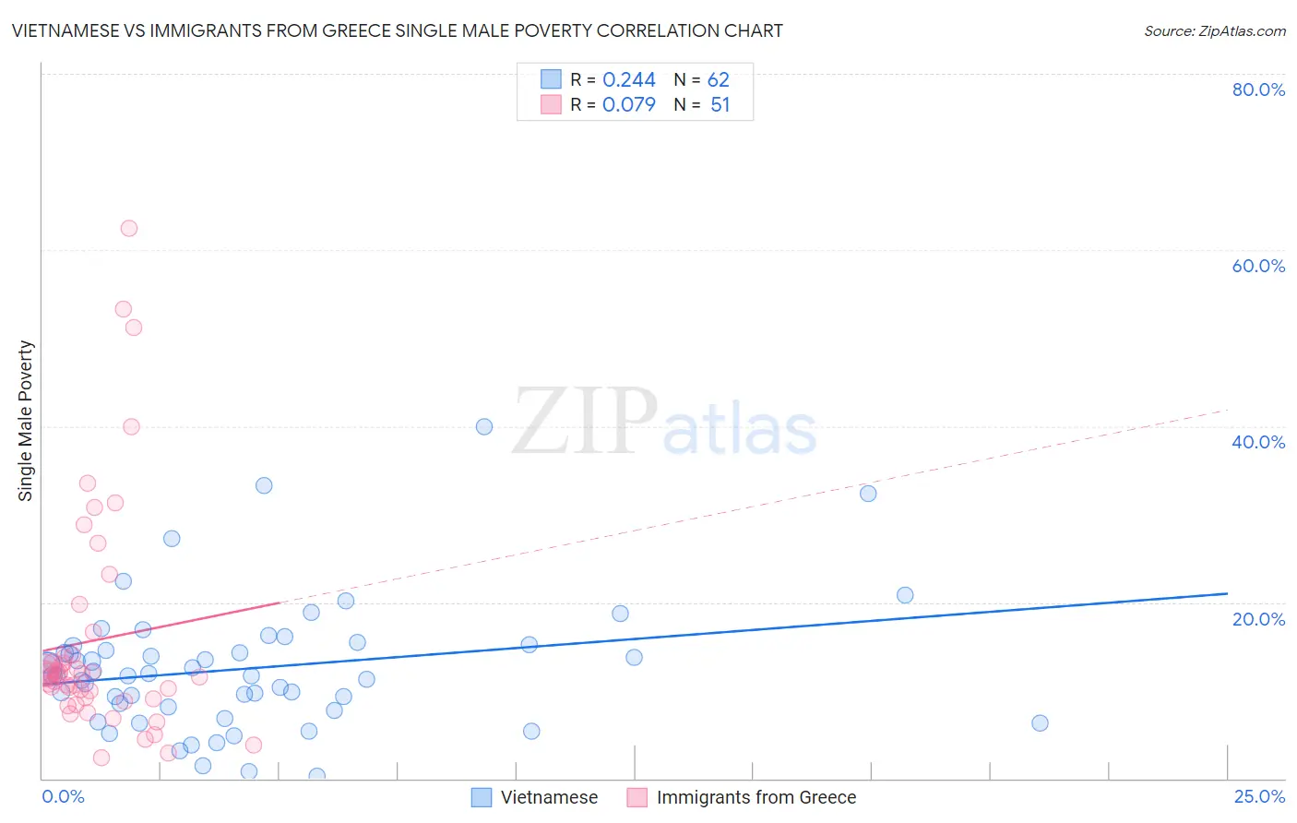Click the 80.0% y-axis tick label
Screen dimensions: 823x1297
tap(1258, 89)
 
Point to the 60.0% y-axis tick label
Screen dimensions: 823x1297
tap(1258, 266)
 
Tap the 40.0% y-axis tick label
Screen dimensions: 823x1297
tap(1258, 442)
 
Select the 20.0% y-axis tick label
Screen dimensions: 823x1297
tap(1258, 618)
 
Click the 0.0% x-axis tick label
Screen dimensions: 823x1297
tap(63, 796)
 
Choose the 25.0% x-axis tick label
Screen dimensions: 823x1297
tap(1259, 796)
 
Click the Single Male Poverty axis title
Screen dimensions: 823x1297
tap(25, 421)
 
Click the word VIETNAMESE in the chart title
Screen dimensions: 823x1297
tap(65, 30)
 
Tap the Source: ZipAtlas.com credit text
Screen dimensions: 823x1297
tap(1214, 30)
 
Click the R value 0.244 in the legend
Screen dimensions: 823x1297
tap(628, 80)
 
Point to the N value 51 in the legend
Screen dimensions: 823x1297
tap(720, 105)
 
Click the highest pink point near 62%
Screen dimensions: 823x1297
tap(129, 228)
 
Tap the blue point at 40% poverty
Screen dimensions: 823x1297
tap(484, 426)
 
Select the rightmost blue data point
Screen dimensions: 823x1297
tap(1040, 722)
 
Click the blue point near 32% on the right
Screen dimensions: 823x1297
tap(868, 494)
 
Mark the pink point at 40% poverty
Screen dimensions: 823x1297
tap(131, 426)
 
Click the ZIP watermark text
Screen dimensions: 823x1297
tap(585, 421)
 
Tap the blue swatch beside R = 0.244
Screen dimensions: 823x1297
tap(551, 79)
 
